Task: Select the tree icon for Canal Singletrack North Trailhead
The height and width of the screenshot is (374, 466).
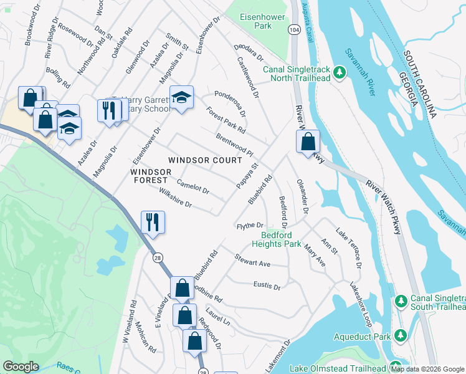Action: point(340,73)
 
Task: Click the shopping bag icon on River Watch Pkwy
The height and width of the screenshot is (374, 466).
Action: point(308,141)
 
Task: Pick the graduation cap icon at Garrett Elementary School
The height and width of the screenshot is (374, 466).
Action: point(181,98)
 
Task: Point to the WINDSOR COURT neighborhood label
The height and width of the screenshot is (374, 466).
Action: point(205,160)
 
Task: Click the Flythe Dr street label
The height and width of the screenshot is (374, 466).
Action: point(250,225)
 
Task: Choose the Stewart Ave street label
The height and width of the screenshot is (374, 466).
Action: point(252,261)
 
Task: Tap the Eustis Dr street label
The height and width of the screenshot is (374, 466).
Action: point(267,285)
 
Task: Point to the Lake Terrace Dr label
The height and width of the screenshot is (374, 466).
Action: point(349,247)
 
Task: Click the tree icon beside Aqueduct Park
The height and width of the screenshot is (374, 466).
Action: point(402,337)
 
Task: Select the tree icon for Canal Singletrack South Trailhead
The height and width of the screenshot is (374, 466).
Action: point(402,300)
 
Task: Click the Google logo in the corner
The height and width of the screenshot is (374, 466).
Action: point(21,367)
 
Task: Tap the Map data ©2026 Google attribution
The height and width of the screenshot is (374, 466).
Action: point(427,369)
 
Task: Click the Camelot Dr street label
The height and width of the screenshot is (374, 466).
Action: point(193,185)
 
